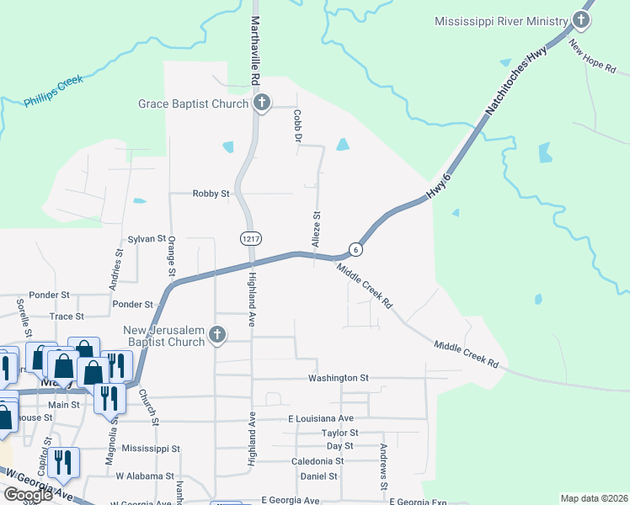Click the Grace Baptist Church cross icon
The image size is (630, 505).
click(261, 104)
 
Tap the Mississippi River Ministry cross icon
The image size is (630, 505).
click(581, 20)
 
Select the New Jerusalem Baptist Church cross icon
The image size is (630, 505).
click(217, 335)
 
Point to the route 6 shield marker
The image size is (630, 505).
click(357, 249)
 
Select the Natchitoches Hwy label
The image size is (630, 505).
click(516, 81)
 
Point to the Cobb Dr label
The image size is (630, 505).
click(297, 125)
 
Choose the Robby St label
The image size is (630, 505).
click(211, 194)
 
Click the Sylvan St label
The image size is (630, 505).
click(146, 239)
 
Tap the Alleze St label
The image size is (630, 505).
click(318, 228)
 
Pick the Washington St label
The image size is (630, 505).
click(339, 378)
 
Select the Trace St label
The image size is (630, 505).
click(67, 316)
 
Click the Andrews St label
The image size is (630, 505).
click(383, 467)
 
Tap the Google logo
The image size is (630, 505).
click(27, 495)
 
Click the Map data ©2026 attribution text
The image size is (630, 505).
click(595, 498)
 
